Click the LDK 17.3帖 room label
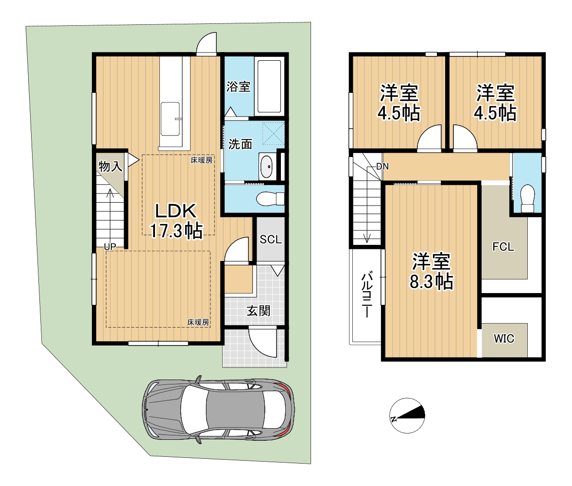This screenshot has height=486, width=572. [176, 221]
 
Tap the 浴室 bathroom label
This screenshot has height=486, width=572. [238, 87]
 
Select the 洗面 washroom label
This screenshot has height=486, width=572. [240, 144]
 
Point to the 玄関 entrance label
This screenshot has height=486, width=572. [259, 311]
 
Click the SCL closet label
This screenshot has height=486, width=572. [271, 239]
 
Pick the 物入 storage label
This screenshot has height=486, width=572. [110, 166]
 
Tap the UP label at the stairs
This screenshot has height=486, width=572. [110, 247]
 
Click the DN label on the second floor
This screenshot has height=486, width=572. [382, 167]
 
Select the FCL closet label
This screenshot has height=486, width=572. [503, 247]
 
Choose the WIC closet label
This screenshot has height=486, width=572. [504, 339]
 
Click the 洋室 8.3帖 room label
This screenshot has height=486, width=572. [432, 271]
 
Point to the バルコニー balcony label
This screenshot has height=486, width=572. [366, 294]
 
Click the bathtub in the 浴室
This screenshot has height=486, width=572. [269, 87]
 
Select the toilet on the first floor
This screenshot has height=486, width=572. [270, 199]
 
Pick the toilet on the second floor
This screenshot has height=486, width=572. [527, 198]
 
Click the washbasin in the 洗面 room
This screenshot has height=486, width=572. [267, 166]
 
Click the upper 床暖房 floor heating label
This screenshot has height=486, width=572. [201, 160]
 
